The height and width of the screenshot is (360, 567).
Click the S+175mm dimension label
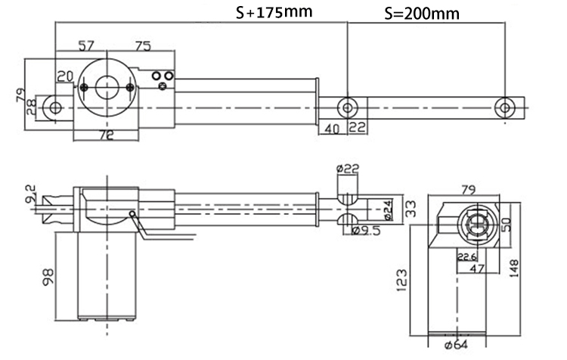coord(274,13)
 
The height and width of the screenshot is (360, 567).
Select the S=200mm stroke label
coord(421,14)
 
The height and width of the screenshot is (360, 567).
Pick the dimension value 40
coord(331,129)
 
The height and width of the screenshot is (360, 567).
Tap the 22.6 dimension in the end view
coord(466,256)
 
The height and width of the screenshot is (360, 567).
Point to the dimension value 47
coord(477,268)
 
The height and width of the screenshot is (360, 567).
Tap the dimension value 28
coord(31,107)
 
